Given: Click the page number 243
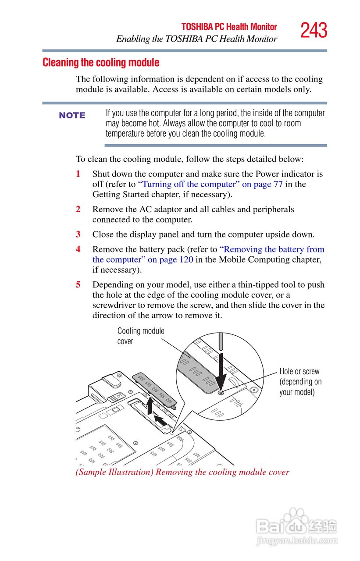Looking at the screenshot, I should click(x=314, y=31).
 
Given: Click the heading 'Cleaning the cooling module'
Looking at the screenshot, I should click(x=101, y=63).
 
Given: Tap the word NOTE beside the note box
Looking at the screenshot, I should click(x=72, y=115).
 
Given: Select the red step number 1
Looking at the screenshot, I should click(x=78, y=174).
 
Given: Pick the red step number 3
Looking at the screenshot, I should click(x=78, y=234).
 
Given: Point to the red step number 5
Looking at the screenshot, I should click(x=78, y=285).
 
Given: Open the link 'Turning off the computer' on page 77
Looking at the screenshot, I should click(x=210, y=185).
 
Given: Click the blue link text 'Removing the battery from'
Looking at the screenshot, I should click(x=272, y=249).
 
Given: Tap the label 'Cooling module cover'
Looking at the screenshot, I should click(x=140, y=336).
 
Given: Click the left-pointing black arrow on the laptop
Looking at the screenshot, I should click(x=161, y=421).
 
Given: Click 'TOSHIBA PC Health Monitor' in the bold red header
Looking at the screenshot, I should click(x=229, y=27).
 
